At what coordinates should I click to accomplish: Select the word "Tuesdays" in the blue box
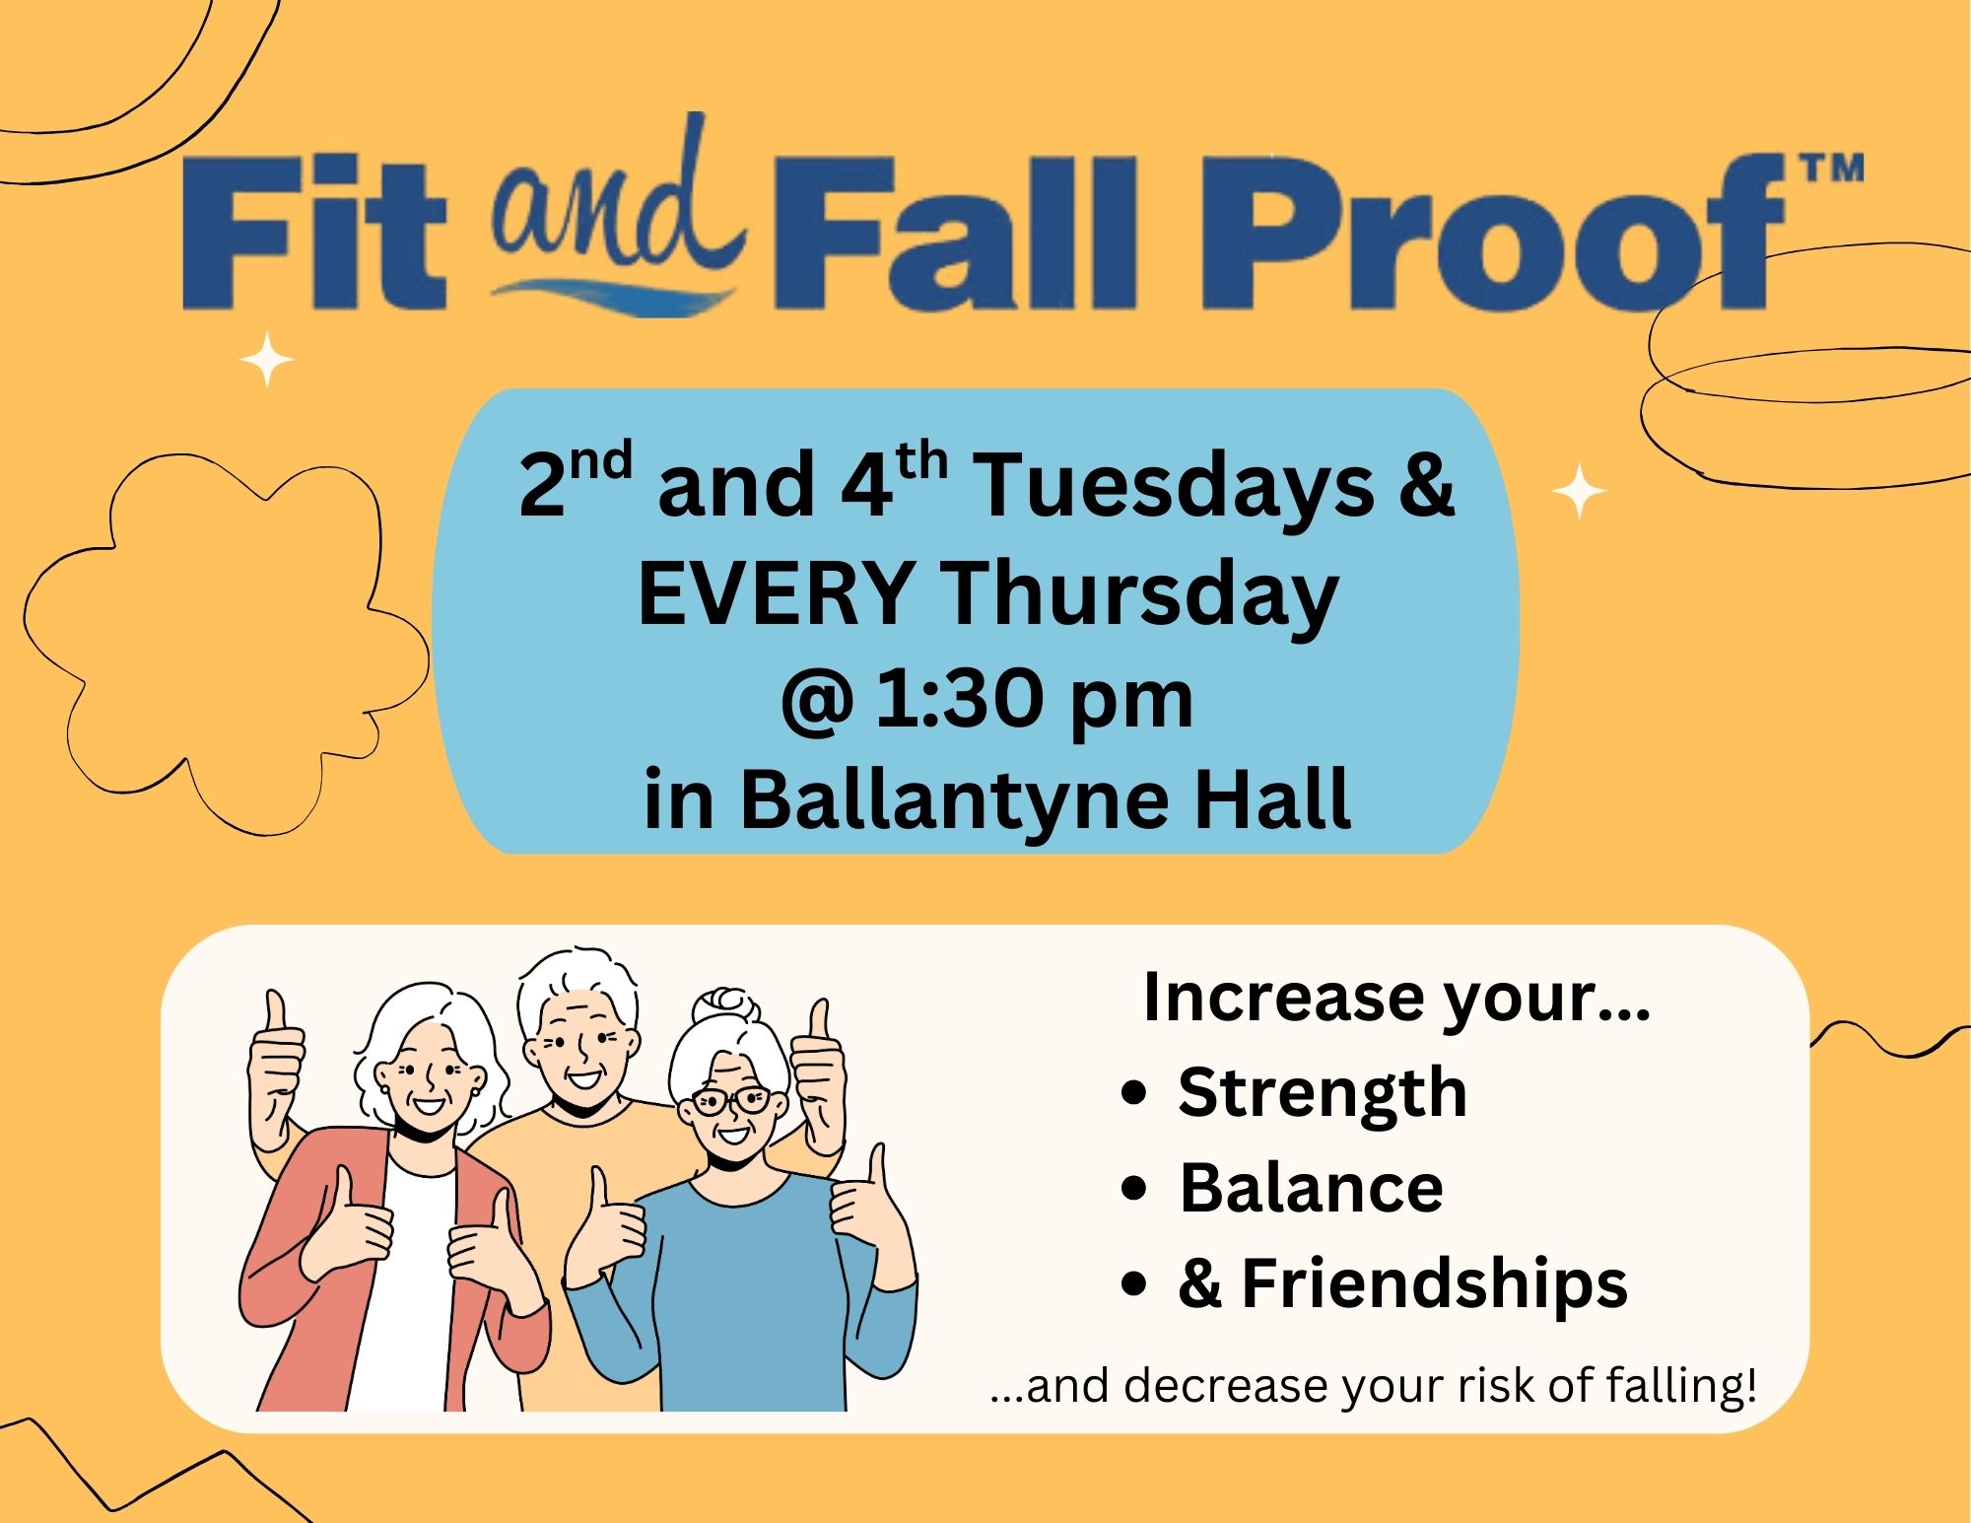[1173, 485]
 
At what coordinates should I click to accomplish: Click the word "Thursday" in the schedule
[1140, 596]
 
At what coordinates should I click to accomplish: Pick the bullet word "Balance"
[1311, 1187]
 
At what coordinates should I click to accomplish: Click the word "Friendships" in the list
[1434, 1284]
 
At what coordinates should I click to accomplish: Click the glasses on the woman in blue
[729, 1100]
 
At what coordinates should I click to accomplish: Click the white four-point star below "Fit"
[267, 360]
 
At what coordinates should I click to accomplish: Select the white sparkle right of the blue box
[1579, 490]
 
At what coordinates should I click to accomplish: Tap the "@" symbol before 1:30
[816, 701]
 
